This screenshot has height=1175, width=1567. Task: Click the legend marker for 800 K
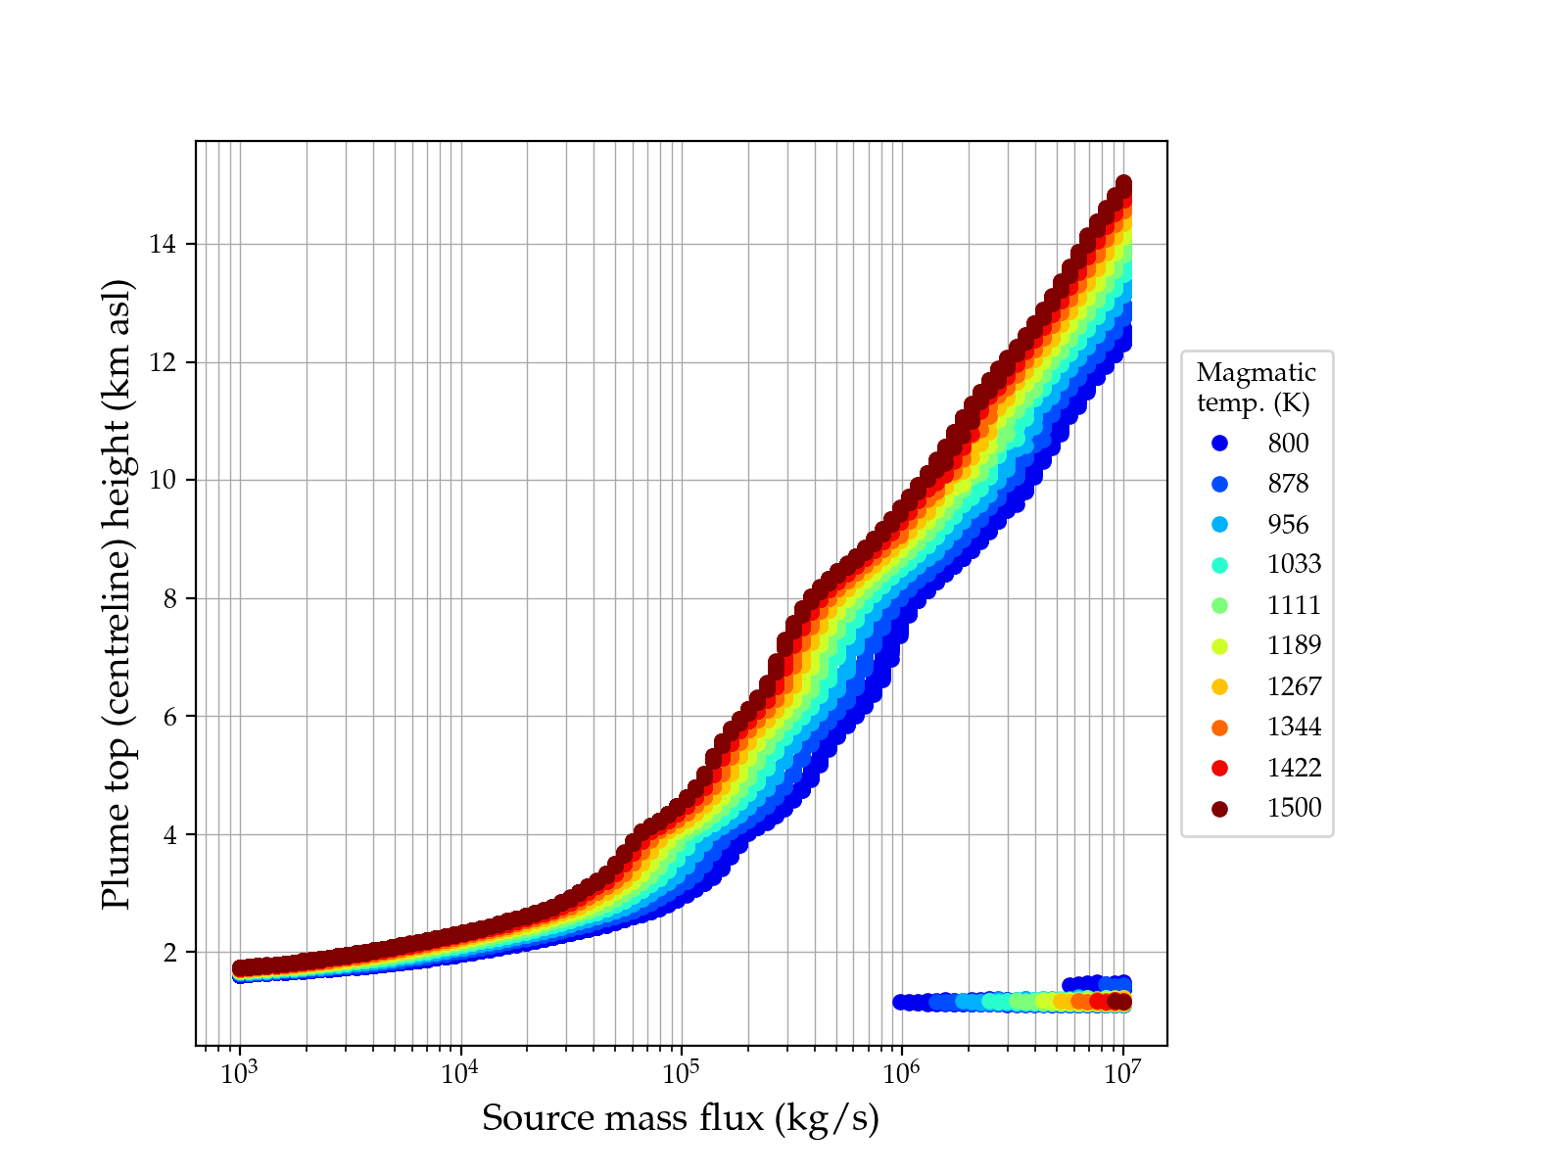[x=1219, y=444]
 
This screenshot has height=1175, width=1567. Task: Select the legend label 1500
[x=1294, y=808]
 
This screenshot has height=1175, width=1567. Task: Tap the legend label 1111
[x=1294, y=605]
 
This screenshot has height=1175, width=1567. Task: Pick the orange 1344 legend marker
[x=1219, y=727]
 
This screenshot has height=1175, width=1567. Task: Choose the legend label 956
[x=1288, y=525]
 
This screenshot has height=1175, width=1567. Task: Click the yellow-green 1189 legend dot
[x=1219, y=646]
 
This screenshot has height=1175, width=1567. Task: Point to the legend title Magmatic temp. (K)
[x=1257, y=387]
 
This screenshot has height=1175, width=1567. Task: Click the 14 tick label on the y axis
[x=163, y=244]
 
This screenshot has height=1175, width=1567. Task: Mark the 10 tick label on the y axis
[x=163, y=480]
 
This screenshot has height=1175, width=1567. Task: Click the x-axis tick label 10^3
[x=239, y=1073]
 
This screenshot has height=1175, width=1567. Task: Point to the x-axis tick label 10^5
[x=681, y=1073]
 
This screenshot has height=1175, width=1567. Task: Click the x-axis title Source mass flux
[x=681, y=1118]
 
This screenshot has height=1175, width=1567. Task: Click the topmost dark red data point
[x=1124, y=184]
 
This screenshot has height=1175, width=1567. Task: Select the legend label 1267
[x=1294, y=686]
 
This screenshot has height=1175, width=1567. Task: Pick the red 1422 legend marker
[x=1219, y=768]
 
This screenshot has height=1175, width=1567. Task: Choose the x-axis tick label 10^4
[x=460, y=1073]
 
